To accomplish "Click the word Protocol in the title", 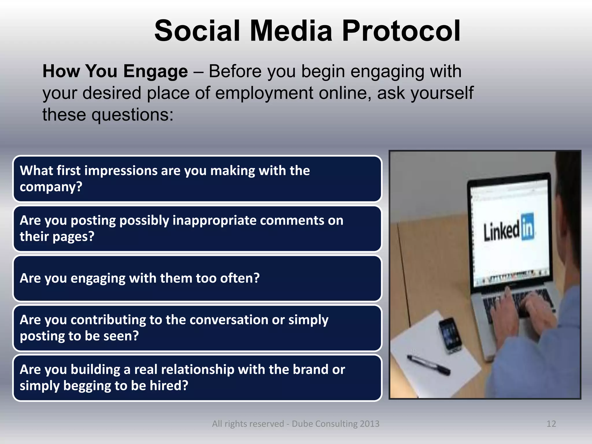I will [401, 31].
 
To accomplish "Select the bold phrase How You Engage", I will [115, 71].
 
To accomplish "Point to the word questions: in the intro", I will [132, 115].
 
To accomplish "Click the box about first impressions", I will [197, 179].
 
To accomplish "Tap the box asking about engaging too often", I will [197, 278].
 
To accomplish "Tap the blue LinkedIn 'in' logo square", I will [528, 227].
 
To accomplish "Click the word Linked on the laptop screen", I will [502, 231].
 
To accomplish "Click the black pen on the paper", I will [428, 365].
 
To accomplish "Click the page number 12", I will [551, 424].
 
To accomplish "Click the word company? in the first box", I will [51, 187].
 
